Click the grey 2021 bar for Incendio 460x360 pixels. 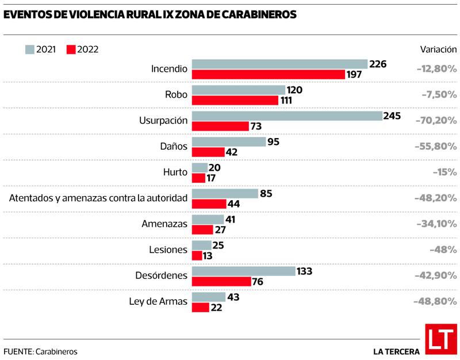pyautogui.click(x=279, y=64)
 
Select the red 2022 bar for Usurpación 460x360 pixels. pyautogui.click(x=220, y=126)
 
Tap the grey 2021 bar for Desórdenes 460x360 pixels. pyautogui.click(x=243, y=271)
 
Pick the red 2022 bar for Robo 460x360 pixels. pyautogui.click(x=235, y=100)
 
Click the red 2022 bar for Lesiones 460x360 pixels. pyautogui.click(x=197, y=255)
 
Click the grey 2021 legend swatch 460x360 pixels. pyautogui.click(x=29, y=49)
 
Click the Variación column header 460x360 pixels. pyautogui.click(x=439, y=49)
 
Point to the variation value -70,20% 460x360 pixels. pyautogui.click(x=436, y=121)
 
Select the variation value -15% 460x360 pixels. pyautogui.click(x=446, y=173)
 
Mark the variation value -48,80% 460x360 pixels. pyautogui.click(x=435, y=302)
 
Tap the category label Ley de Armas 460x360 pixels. pyautogui.click(x=159, y=302)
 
